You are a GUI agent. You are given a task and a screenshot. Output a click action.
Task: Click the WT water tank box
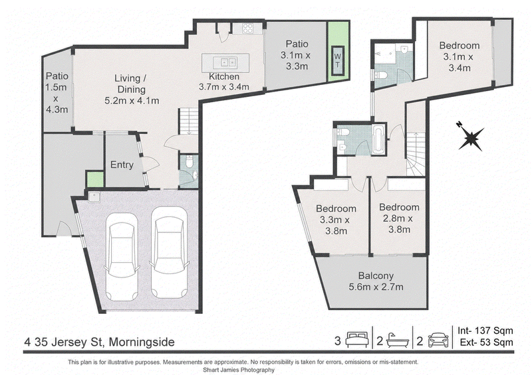click(338, 60)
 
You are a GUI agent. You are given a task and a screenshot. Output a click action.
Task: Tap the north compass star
click(471, 137)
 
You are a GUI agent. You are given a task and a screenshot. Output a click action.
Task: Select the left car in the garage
click(122, 256)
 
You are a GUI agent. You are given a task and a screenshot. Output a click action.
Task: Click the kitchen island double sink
click(225, 62)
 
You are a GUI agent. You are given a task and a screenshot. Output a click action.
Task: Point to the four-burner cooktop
click(247, 28)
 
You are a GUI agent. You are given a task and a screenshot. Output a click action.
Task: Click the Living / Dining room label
click(132, 90)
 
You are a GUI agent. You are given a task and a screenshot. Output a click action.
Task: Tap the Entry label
click(122, 165)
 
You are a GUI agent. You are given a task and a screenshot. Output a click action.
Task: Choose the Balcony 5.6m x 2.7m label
click(376, 281)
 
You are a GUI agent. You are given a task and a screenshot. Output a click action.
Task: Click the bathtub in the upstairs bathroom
click(378, 139)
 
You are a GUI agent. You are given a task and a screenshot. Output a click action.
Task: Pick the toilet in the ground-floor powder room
click(190, 161)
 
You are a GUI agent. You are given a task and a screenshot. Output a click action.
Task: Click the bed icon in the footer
click(357, 339)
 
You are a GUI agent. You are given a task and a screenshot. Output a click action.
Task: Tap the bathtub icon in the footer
click(397, 340)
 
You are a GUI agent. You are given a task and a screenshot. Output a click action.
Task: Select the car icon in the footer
click(438, 340)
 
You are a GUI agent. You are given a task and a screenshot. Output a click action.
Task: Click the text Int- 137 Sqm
click(485, 331)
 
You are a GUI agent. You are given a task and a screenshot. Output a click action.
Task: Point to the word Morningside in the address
click(142, 342)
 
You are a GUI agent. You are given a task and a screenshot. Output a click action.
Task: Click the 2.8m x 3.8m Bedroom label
click(399, 218)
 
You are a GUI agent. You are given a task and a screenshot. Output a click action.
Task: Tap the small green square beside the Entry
click(95, 180)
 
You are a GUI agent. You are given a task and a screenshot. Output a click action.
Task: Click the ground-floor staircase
click(188, 121)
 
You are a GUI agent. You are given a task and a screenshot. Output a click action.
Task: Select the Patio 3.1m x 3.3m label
click(297, 55)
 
